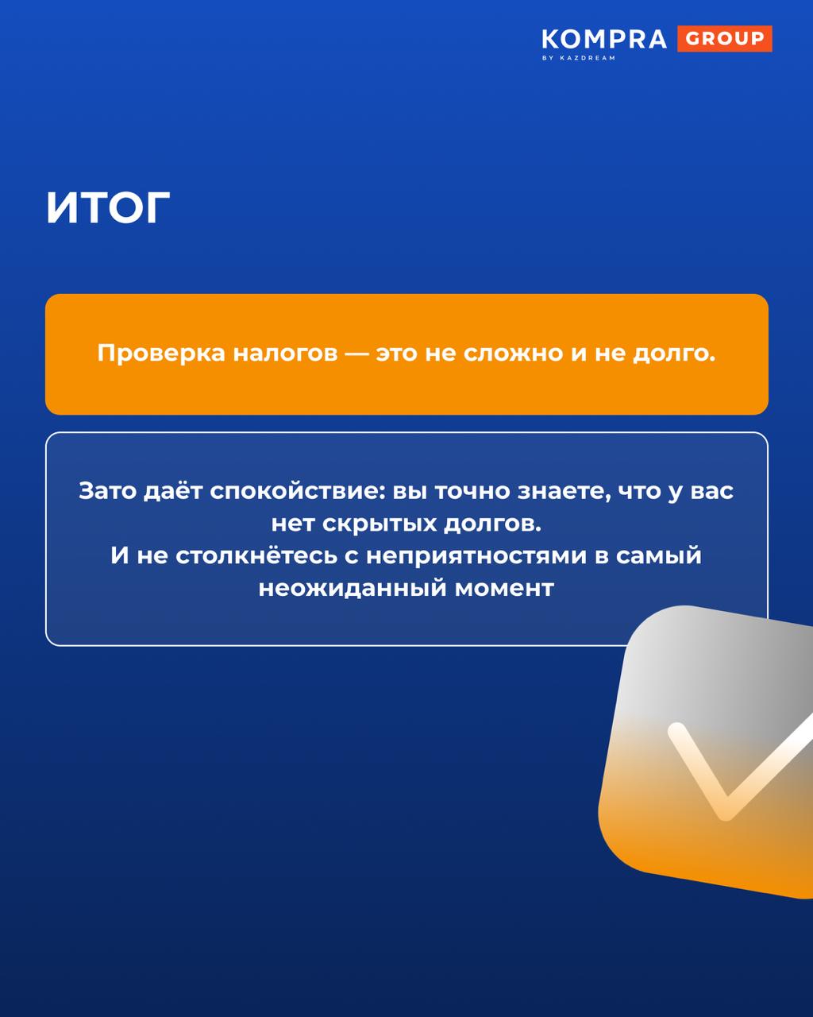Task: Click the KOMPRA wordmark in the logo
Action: point(603,39)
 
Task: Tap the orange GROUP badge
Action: point(725,38)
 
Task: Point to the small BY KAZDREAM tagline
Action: point(579,58)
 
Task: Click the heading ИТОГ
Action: point(108,207)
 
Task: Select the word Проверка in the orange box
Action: point(161,354)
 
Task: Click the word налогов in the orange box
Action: point(285,353)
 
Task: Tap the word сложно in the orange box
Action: point(513,353)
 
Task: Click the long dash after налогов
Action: point(356,354)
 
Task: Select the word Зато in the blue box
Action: point(107,492)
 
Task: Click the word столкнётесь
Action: point(256,555)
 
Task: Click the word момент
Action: point(504,590)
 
